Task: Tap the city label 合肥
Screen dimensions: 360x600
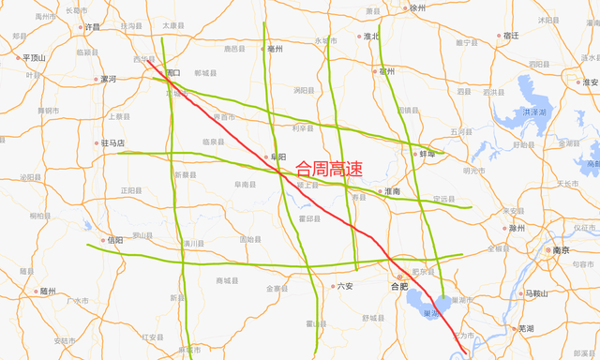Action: click(400, 286)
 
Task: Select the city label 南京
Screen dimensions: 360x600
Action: click(562, 250)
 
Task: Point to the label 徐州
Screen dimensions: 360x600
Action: click(418, 7)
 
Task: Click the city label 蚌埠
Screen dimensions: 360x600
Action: click(426, 153)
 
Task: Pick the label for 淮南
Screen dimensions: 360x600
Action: click(392, 191)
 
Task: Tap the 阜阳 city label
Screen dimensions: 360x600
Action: click(277, 157)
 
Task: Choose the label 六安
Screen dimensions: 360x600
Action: click(346, 286)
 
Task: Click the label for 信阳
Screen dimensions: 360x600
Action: click(115, 240)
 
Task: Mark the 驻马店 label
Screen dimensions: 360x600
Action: click(113, 143)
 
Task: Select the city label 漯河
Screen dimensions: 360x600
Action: click(108, 80)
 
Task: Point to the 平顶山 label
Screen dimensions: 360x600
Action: click(34, 57)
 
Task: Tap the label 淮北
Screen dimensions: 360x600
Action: click(372, 37)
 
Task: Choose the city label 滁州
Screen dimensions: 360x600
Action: click(517, 228)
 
